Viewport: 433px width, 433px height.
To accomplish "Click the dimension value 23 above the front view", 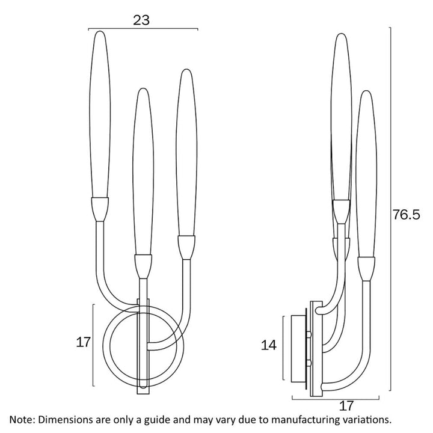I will (141, 19).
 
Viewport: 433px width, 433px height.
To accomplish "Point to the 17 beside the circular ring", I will (83, 342).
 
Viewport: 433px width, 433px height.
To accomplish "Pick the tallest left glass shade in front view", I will (100, 114).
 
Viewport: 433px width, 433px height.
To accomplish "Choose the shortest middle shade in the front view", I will (142, 171).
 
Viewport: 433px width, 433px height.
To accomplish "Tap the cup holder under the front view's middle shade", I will (143, 265).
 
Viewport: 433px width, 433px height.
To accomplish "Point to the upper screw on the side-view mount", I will (309, 333).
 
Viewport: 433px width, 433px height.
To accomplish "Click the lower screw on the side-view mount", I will (309, 362).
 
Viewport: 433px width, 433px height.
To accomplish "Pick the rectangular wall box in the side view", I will (297, 348).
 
